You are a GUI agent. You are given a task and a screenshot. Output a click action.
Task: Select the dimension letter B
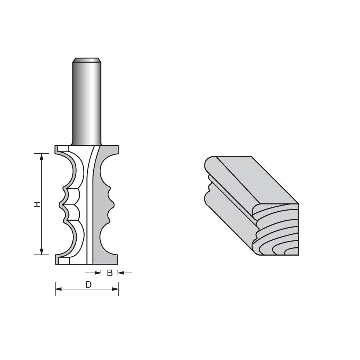tap(110, 273)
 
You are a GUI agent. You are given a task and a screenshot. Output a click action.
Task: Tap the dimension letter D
tap(88, 284)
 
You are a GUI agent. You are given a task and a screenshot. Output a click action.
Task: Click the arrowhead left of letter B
tap(99, 273)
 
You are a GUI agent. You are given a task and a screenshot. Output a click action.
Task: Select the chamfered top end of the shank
tap(86, 60)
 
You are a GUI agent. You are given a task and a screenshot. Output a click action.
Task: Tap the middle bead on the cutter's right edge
tap(112, 205)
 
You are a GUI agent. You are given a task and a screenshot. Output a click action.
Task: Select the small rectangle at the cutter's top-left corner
tap(63, 148)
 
